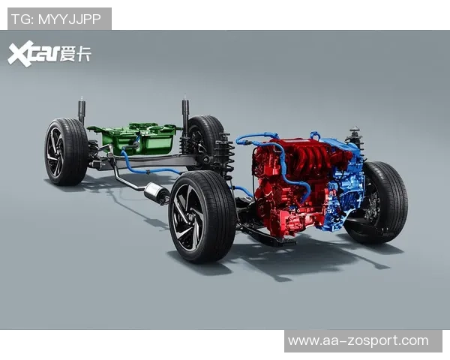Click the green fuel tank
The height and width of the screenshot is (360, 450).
pyautogui.click(x=135, y=139)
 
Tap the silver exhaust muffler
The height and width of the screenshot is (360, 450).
pyautogui.click(x=157, y=193)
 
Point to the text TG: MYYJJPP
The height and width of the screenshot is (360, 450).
pyautogui.click(x=56, y=19)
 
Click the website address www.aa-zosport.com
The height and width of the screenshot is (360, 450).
pyautogui.click(x=358, y=340)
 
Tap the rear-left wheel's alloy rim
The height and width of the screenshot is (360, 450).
pyautogui.click(x=55, y=152)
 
